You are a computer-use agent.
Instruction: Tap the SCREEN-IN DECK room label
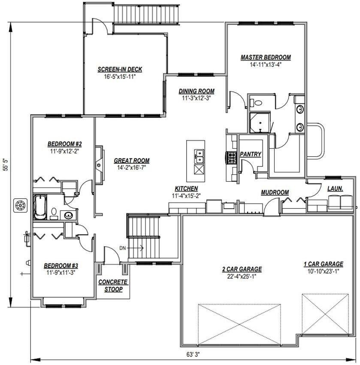[x=120, y=69]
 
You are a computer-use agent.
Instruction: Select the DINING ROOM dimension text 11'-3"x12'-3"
[x=196, y=98]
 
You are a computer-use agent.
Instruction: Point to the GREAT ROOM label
[x=131, y=161]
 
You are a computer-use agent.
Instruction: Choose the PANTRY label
[x=251, y=154]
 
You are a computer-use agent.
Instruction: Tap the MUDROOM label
[x=275, y=192]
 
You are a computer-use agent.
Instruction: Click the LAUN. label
[x=335, y=188]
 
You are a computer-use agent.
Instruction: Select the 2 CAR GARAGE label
[x=242, y=269]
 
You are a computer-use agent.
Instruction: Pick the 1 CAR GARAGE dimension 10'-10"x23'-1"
[x=324, y=271]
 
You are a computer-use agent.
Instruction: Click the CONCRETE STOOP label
[x=113, y=286]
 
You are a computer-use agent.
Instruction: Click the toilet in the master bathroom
[x=257, y=103]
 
